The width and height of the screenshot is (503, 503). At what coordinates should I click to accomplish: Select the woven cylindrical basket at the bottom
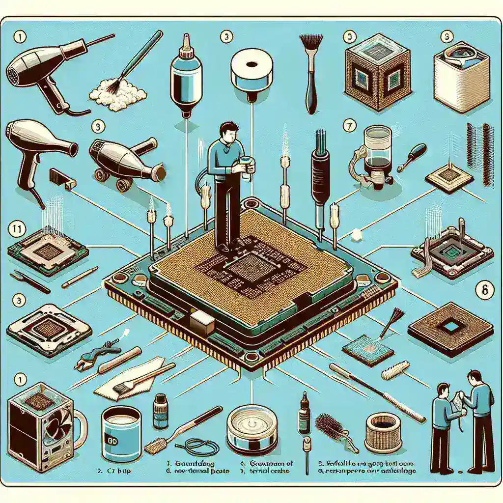[x=384, y=432]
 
